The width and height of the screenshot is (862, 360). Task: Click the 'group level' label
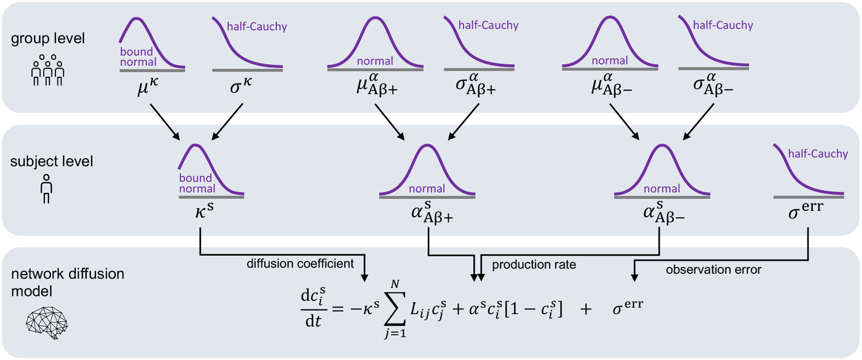click(48, 39)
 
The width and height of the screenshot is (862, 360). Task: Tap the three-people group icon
click(48, 70)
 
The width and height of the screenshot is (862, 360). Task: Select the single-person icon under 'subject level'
click(46, 188)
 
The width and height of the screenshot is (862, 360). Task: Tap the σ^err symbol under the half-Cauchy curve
click(806, 210)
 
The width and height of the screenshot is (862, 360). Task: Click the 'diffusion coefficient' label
click(300, 263)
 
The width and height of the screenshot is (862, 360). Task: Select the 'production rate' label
click(534, 265)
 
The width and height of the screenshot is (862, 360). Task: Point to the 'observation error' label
click(713, 269)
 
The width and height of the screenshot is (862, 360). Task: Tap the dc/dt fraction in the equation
click(313, 308)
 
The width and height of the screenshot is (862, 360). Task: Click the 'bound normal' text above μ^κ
click(138, 57)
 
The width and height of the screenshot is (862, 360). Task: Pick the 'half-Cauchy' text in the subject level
click(818, 154)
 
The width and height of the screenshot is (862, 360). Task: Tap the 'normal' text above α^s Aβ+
click(427, 188)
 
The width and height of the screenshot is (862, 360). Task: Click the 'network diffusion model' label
click(67, 282)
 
